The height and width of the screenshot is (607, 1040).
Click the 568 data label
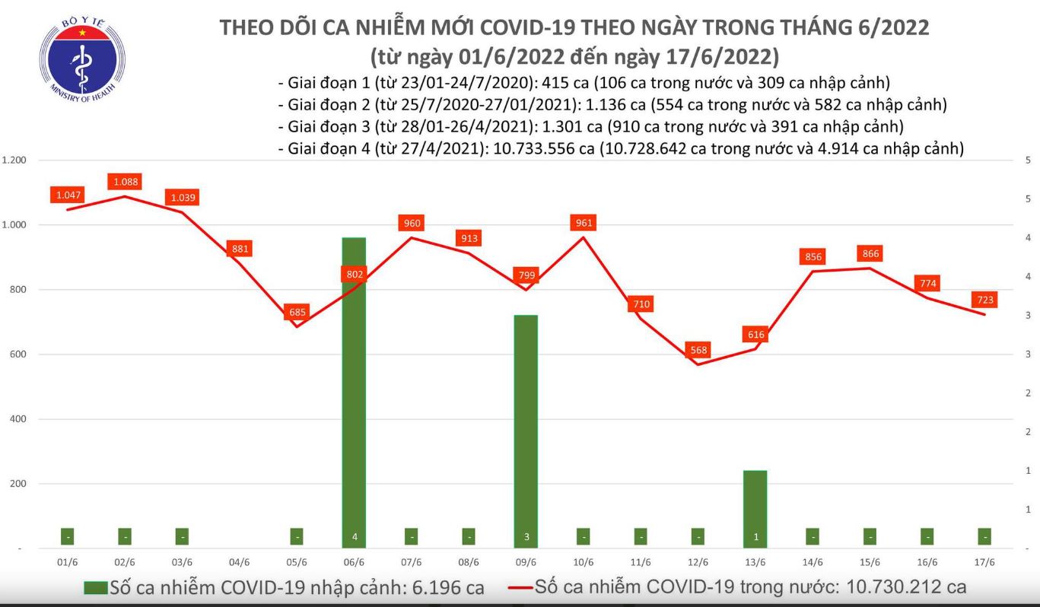pos(698,351)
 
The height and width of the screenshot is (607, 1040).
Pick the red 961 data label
pos(584,223)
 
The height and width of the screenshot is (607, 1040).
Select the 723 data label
pos(985,300)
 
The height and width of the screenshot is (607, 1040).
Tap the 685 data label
pos(297,312)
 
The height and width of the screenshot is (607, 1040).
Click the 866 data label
pos(870,254)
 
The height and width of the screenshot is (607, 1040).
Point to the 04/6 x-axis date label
pos(239,563)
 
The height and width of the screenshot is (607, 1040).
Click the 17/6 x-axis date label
pos(984,563)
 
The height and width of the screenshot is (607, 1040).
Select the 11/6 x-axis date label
pos(641,563)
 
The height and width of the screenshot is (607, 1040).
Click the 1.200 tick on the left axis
pos(14,160)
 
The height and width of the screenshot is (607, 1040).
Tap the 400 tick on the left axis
pos(17,419)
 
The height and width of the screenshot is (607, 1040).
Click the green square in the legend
pos(95,587)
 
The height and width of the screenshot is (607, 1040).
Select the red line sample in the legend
pos(520,587)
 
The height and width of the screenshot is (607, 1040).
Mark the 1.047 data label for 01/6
pos(68,195)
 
